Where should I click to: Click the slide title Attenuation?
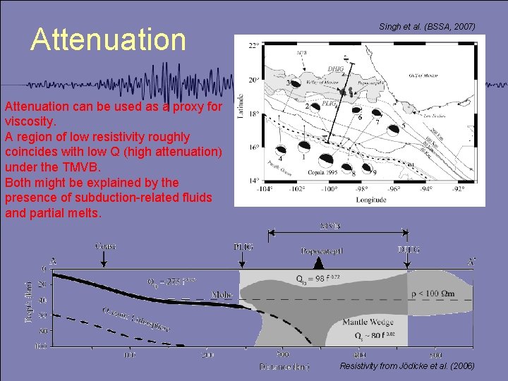[108, 40]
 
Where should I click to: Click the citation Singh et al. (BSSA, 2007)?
[427, 27]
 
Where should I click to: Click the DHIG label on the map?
[336, 68]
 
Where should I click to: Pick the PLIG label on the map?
[329, 104]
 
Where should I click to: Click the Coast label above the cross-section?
[104, 246]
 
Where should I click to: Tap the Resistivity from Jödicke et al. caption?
[407, 366]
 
